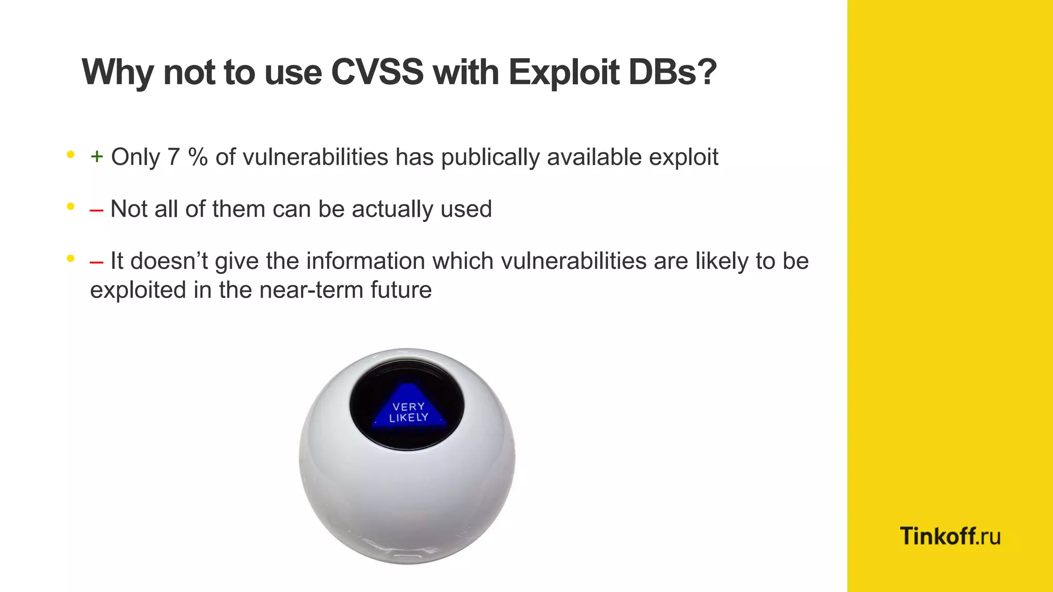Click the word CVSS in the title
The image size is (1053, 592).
point(377,72)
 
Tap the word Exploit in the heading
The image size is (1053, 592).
point(564,72)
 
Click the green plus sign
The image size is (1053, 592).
point(97,156)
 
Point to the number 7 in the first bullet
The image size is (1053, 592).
point(173,157)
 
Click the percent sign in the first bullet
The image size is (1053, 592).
point(197,157)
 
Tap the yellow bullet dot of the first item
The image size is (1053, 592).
point(71,154)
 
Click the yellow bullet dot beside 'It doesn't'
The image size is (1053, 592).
point(71,258)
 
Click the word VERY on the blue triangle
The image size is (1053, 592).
point(409,406)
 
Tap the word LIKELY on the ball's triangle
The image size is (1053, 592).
point(409,418)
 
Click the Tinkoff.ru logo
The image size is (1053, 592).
point(950,536)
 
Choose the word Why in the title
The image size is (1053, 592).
point(118,72)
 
